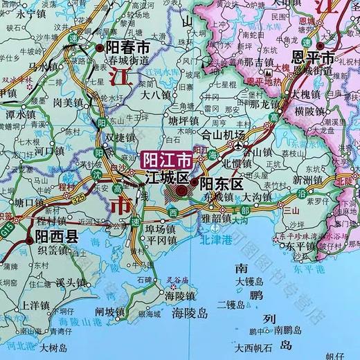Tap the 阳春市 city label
pyautogui.click(x=127, y=48)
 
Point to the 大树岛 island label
pyautogui.click(x=56, y=348)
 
